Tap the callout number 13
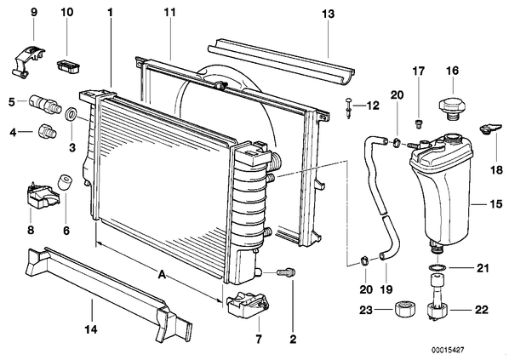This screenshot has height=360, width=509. coord(328,14)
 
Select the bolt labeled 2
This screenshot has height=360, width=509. coord(286,272)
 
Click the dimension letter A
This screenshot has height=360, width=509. coord(162,275)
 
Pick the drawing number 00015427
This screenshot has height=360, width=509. coord(448,351)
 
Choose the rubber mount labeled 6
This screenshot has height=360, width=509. coord(65,182)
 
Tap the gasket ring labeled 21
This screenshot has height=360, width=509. coord(438,268)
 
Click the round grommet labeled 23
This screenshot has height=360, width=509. coord(405,309)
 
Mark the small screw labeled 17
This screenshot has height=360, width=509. coord(419,123)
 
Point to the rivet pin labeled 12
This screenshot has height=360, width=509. coord(348,107)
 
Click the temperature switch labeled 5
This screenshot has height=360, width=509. coord(45,104)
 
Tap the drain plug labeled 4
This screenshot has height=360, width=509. coord(48,131)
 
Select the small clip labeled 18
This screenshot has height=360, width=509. coord(489,129)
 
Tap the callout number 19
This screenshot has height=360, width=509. coord(386,289)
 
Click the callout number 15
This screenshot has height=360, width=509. coord(497,204)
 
